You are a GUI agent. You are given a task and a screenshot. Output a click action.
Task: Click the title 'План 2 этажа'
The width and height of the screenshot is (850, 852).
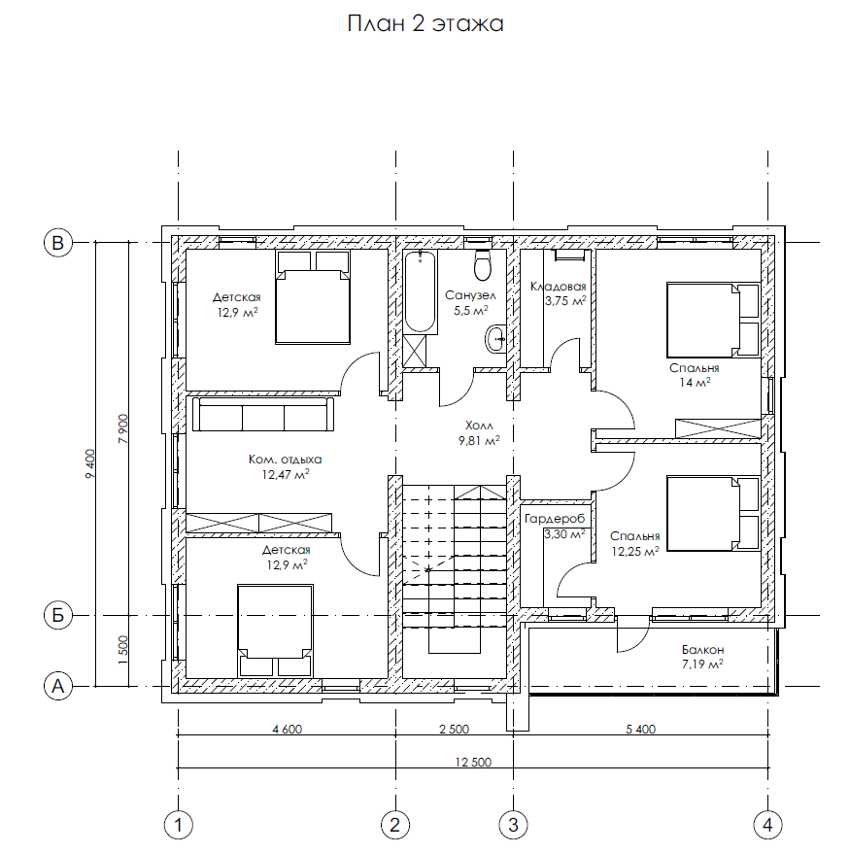coord(425,24)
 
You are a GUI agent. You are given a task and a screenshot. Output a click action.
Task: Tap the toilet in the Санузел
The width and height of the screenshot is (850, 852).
coord(483,264)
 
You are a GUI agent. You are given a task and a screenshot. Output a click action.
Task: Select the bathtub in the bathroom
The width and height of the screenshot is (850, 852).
coord(420,291)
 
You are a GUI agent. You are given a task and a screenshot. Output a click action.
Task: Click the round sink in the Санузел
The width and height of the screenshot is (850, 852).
coord(495,339)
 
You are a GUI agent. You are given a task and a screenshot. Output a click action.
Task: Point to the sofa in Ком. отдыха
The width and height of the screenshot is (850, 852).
coord(263,415)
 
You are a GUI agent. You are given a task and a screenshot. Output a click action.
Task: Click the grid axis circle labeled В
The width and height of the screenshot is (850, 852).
coord(57,242)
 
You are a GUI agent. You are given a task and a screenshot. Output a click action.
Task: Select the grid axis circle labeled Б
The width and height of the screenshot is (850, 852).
coord(57,615)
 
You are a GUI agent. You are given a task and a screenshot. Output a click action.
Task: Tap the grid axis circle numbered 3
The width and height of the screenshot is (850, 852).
coord(514,825)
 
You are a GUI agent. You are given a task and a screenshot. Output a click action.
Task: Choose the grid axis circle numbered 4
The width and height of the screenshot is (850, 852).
coord(767,825)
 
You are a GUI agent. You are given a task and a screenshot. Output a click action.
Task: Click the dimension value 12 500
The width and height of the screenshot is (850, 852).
coord(473,763)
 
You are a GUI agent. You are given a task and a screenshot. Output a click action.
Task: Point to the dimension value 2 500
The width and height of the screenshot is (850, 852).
coord(454,730)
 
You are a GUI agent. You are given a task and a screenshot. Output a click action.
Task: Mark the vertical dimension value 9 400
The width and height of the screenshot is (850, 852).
coord(90,463)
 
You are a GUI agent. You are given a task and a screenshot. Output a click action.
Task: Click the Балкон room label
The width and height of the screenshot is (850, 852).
coord(702,649)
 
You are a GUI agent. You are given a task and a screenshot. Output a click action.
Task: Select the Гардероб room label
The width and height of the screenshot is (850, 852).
coord(555,519)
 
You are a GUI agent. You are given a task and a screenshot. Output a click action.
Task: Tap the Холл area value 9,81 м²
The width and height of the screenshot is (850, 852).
coord(479,441)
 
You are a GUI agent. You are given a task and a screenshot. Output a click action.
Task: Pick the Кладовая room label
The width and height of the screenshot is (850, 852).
coord(559,287)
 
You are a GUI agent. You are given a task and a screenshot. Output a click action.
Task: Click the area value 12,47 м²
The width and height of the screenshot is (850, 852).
coord(286,475)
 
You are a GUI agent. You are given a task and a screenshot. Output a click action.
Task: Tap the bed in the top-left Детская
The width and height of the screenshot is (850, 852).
coord(313,297)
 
